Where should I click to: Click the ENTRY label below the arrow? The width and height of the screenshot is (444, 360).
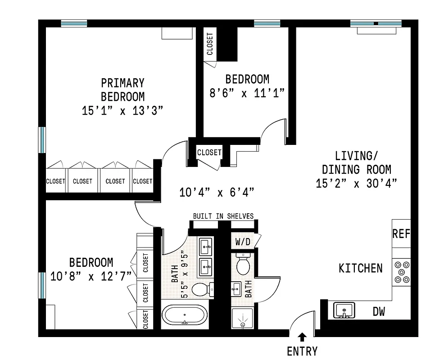click(302, 351)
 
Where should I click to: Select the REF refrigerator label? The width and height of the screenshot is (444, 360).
click(401, 234)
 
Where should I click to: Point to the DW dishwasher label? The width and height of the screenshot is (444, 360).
click(379, 311)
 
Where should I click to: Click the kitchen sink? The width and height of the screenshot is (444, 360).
click(344, 310)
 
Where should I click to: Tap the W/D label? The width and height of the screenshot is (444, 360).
click(242, 242)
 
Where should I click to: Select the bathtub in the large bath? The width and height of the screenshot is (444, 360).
click(185, 315)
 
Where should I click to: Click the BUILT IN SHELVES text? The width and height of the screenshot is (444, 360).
click(223, 216)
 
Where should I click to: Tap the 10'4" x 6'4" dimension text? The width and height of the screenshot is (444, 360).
click(217, 193)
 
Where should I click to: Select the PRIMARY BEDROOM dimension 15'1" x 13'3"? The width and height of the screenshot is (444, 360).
click(122, 110)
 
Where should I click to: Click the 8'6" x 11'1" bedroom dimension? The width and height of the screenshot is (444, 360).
click(247, 93)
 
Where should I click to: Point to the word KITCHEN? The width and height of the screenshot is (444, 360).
click(360, 268)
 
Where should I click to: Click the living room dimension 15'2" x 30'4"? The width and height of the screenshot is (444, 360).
click(356, 183)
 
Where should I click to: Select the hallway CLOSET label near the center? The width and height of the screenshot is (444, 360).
click(209, 153)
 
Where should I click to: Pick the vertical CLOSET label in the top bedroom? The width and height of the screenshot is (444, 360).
click(210, 44)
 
